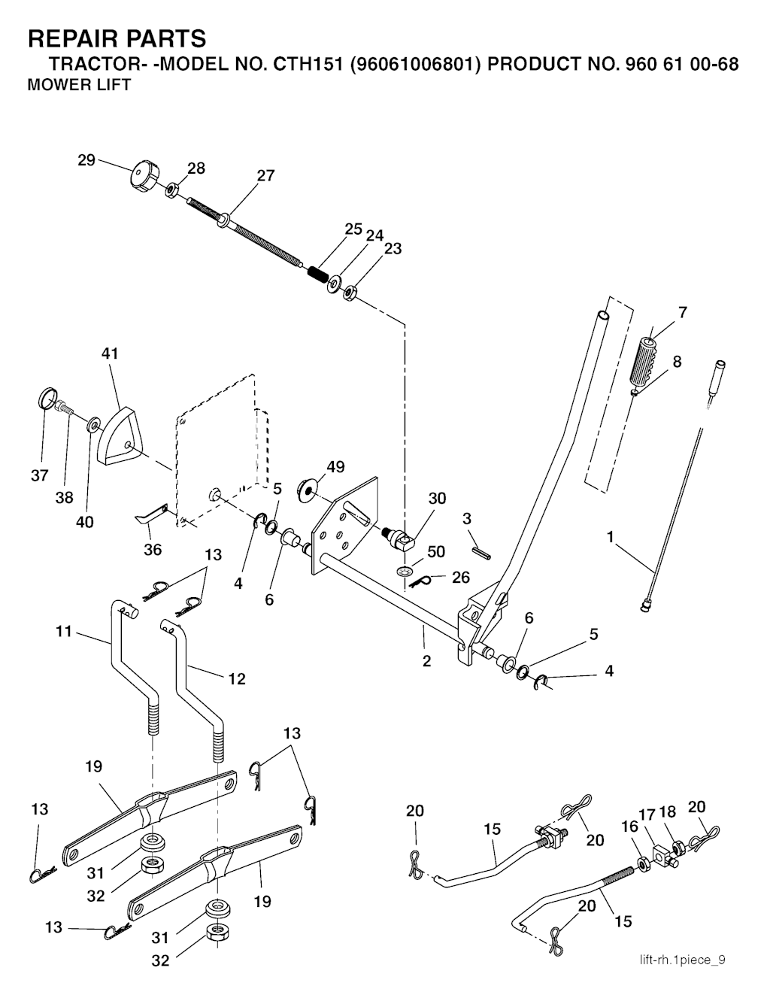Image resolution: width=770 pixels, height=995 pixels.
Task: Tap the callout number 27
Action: click(x=265, y=176)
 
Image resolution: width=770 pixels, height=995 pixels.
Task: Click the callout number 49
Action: click(x=335, y=467)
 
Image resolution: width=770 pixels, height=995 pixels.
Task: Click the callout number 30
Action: click(x=437, y=499)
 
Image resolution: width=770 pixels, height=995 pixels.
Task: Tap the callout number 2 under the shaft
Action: click(x=426, y=662)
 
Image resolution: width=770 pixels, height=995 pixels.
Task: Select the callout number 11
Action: click(x=64, y=632)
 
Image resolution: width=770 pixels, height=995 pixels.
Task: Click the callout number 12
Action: click(x=236, y=678)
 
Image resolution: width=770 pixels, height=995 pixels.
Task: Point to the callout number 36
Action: click(x=153, y=550)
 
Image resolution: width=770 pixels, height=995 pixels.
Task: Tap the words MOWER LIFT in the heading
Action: click(x=79, y=85)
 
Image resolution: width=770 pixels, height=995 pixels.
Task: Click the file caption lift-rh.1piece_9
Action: click(x=682, y=960)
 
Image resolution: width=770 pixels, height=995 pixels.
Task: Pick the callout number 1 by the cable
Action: click(x=611, y=537)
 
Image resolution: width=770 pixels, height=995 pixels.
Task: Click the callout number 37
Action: click(x=40, y=475)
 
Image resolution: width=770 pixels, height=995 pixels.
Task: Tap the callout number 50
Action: click(x=436, y=551)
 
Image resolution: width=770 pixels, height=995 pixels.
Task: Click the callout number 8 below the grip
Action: click(x=678, y=362)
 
